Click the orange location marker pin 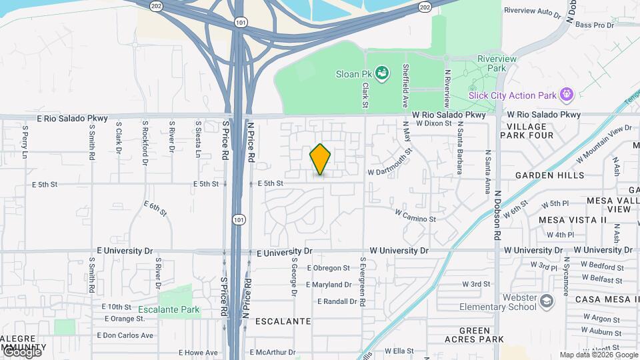(320, 160)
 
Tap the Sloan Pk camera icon (381, 72)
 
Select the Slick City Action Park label (513, 95)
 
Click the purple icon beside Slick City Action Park (567, 94)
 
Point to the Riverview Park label (497, 63)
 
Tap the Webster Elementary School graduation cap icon (547, 301)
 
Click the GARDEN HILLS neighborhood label (550, 175)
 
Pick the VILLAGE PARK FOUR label (530, 131)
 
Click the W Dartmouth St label (391, 165)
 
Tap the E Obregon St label (328, 268)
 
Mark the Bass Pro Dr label (594, 25)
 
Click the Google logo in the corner (22, 352)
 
